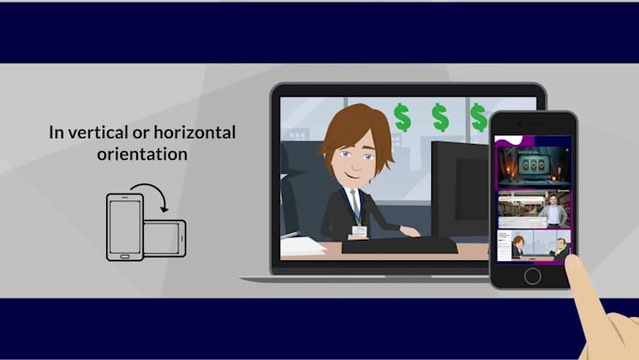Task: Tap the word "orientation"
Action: point(141,153)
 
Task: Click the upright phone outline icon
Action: point(125,227)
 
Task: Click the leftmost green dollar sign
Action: point(402,117)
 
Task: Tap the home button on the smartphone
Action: point(533,276)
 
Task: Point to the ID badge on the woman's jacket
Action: point(358,230)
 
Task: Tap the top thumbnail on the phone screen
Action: point(533,164)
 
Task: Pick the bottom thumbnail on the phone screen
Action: point(533,244)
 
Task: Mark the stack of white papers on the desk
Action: point(303,246)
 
